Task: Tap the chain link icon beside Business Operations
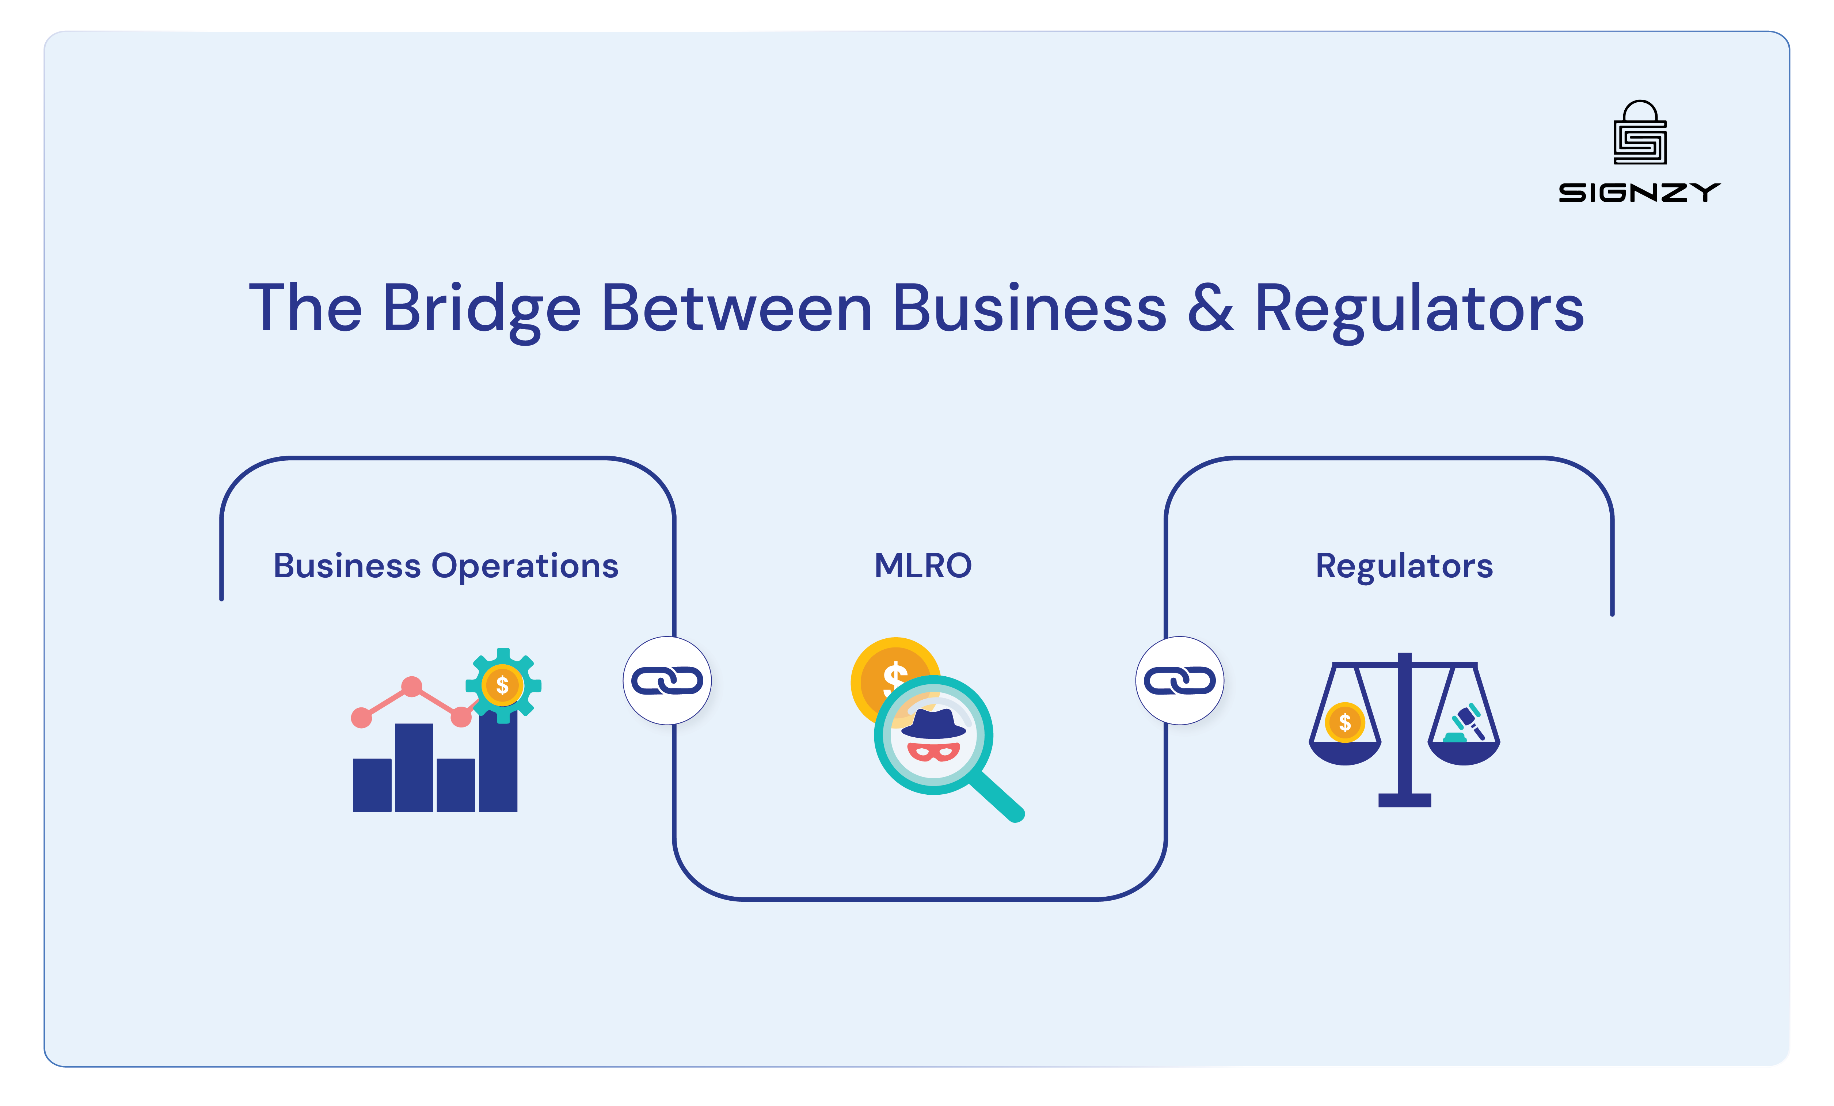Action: pyautogui.click(x=667, y=680)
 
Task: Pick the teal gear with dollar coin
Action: pyautogui.click(x=503, y=685)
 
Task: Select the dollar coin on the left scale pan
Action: pyautogui.click(x=1344, y=722)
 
